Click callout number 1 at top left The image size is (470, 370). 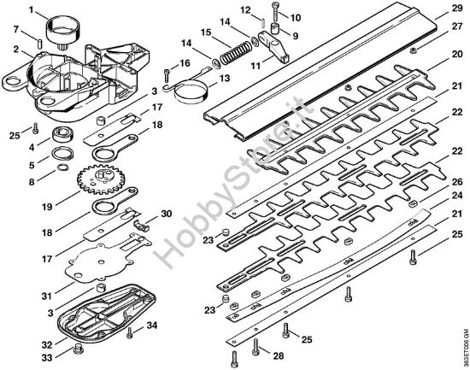click(x=32, y=11)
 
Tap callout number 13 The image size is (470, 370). click(x=225, y=79)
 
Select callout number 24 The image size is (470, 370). click(x=457, y=193)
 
